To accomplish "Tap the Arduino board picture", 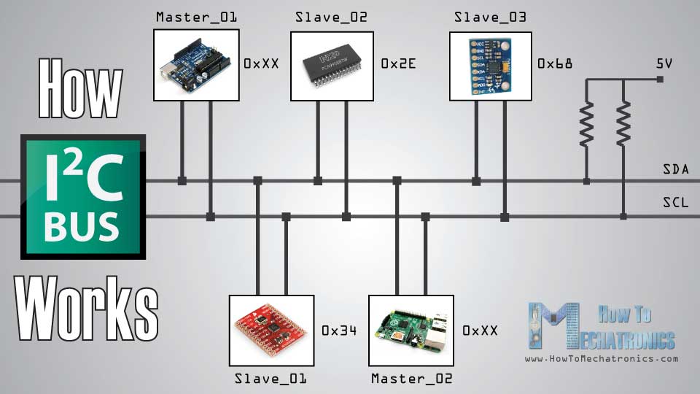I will [x=196, y=65].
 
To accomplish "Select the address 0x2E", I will [x=398, y=64].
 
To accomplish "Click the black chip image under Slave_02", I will [x=332, y=65].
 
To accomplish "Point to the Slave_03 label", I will [x=490, y=17].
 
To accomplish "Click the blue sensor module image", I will [x=490, y=65].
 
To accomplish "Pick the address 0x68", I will [x=555, y=64].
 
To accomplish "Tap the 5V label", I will [x=664, y=63].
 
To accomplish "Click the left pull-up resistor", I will [x=586, y=124].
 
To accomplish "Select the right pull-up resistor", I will [x=623, y=124].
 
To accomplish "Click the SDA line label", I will [x=676, y=170].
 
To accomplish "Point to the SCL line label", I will [x=676, y=203].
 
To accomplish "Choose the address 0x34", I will [x=339, y=331].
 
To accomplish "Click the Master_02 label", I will [x=412, y=379].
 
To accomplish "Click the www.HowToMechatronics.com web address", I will [x=602, y=358].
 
